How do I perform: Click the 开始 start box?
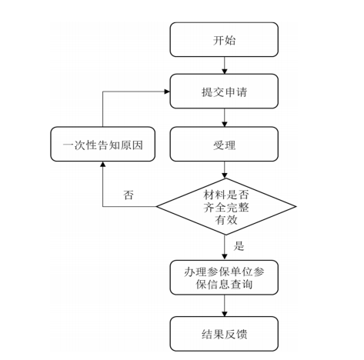click(224, 39)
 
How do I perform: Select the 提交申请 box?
click(224, 92)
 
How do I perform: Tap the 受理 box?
click(224, 144)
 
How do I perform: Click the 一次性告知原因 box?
click(102, 144)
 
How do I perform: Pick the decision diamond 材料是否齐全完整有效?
click(226, 206)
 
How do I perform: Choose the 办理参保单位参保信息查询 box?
click(224, 278)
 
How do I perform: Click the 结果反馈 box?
click(224, 334)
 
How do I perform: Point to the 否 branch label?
click(129, 195)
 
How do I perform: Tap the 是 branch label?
click(239, 245)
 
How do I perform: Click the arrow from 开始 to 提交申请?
click(225, 65)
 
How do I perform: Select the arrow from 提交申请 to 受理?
click(225, 118)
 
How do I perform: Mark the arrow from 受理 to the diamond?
click(225, 170)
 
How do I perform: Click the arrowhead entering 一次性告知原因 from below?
click(103, 164)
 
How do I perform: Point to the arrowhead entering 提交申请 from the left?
click(167, 92)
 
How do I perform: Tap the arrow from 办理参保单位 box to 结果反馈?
click(225, 305)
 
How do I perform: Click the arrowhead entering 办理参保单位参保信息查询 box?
click(225, 258)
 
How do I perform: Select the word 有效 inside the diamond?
click(226, 220)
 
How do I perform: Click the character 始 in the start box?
click(230, 40)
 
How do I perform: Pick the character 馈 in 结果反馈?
click(241, 335)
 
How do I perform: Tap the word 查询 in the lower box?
click(242, 284)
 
